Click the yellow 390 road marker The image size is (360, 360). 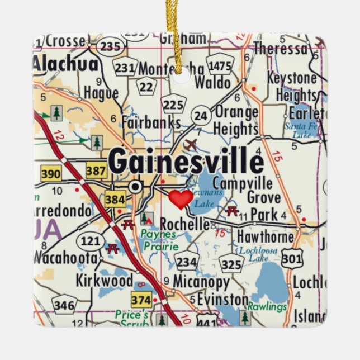51,174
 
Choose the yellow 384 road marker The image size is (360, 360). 115,198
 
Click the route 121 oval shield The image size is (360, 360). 91,241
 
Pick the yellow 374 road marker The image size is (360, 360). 141,300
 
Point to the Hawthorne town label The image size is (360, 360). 265,237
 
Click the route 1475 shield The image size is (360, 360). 220,65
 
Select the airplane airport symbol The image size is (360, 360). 191,145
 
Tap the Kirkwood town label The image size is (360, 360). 105,280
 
